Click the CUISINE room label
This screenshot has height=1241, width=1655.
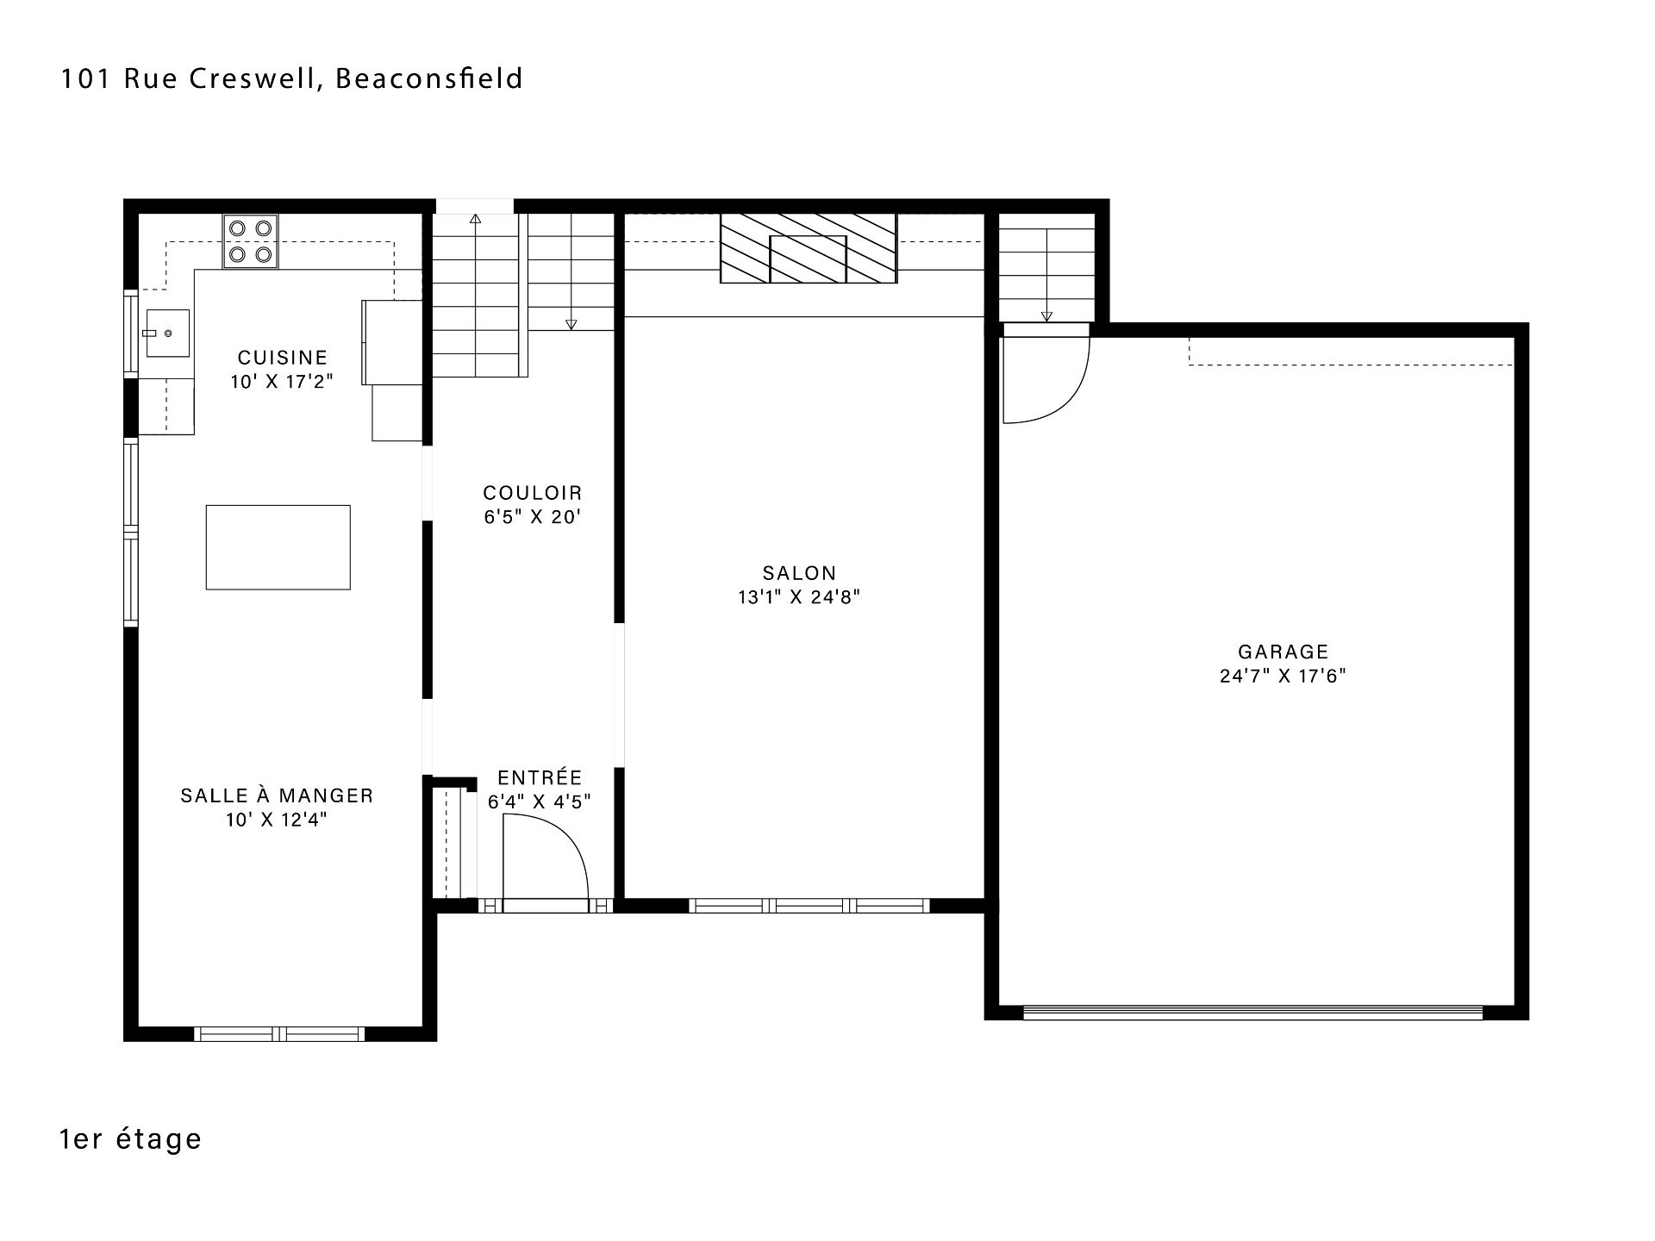tap(283, 357)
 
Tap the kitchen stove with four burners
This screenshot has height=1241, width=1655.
tap(250, 241)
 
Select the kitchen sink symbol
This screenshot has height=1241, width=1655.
tap(165, 334)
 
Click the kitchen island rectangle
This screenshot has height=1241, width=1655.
tap(278, 547)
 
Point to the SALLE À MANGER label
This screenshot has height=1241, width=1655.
tap(277, 795)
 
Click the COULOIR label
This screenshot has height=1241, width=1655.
tap(533, 493)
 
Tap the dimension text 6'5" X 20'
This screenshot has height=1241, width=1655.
tap(533, 517)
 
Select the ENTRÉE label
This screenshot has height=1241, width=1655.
tap(540, 777)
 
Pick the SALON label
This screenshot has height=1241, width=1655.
tap(799, 573)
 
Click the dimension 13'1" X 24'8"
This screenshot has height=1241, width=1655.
tap(799, 597)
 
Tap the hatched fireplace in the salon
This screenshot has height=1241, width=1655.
tap(808, 248)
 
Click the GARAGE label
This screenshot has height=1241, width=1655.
tap(1283, 652)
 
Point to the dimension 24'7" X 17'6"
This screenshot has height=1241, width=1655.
tap(1283, 677)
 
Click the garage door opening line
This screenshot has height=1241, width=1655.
tap(1252, 1013)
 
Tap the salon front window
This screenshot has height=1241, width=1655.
tap(809, 906)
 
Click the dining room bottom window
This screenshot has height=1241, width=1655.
tap(279, 1034)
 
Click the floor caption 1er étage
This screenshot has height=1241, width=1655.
tap(130, 1138)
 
